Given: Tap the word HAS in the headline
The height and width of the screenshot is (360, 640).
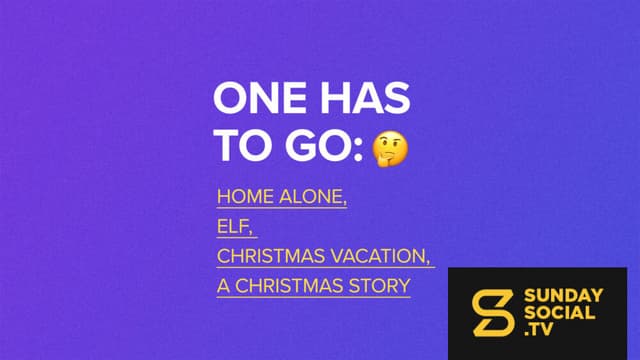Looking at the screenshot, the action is click(365, 98).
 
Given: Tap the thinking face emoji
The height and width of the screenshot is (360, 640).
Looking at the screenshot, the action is click(390, 149).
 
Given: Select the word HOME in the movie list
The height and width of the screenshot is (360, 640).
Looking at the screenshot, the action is click(245, 197).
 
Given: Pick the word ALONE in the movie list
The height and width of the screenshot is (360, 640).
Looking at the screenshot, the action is click(311, 197).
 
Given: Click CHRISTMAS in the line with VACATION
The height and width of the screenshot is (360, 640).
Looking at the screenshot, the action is click(271, 256).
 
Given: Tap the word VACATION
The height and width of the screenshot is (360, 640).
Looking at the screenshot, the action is click(378, 256).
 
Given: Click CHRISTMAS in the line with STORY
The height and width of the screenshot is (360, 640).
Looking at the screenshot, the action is click(289, 286).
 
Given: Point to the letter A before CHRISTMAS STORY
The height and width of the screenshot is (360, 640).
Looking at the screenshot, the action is click(223, 286).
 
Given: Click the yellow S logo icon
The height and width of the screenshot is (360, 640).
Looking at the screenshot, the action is click(492, 313).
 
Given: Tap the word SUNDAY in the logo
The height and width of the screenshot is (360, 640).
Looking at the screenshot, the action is click(563, 296).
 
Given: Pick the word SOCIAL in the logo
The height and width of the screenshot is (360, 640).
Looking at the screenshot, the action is click(559, 313).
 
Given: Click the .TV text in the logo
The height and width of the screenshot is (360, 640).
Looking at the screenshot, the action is click(539, 329).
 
